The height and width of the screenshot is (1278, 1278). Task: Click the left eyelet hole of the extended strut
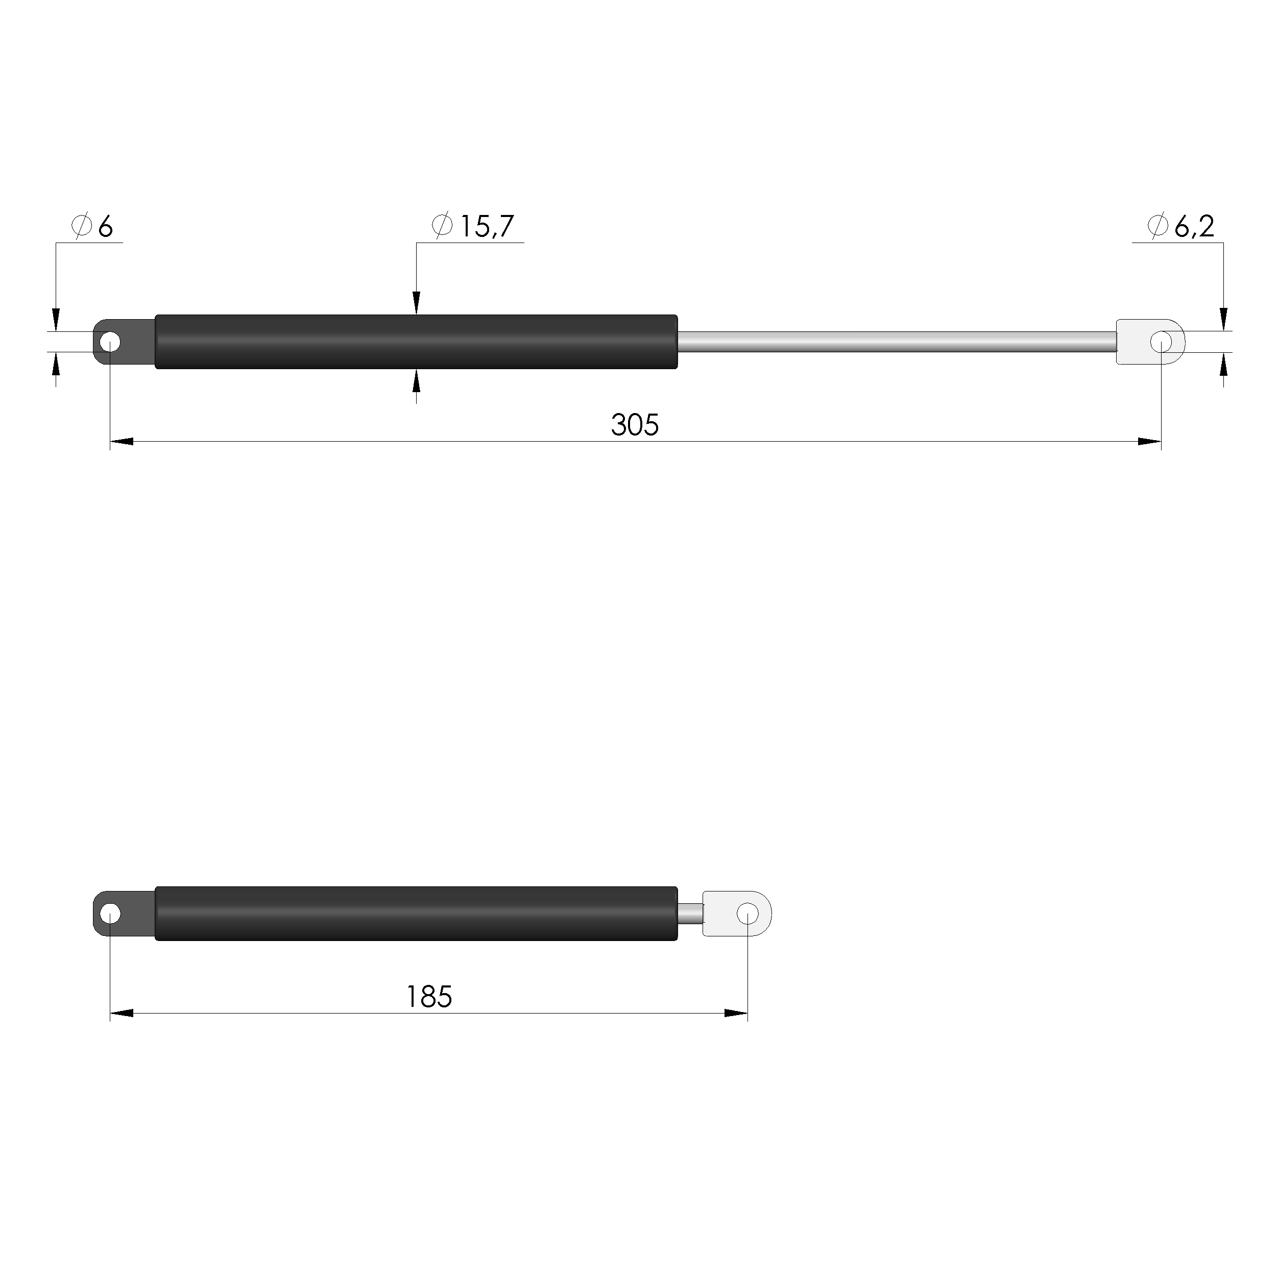[110, 343]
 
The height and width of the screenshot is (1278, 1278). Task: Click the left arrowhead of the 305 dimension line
[122, 442]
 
